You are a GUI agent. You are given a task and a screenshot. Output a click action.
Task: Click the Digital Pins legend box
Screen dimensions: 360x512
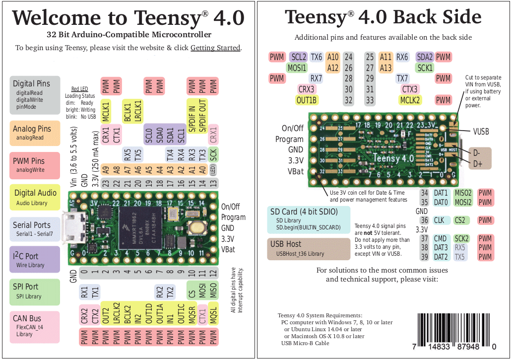pos(35,95)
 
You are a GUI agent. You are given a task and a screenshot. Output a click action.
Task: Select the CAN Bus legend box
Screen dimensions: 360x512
pos(35,326)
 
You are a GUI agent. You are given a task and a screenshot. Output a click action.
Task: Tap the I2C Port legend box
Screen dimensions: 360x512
pos(35,260)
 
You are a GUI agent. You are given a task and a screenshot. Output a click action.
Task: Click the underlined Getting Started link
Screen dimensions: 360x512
pos(215,48)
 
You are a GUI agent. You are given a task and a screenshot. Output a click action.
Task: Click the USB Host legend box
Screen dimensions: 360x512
pos(308,248)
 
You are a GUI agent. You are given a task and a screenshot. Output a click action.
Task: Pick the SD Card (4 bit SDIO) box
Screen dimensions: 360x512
pos(308,219)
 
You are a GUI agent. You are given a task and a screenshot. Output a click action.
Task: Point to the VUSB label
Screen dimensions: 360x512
pos(481,132)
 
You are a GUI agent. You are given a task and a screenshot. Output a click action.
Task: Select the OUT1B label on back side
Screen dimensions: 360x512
pos(307,100)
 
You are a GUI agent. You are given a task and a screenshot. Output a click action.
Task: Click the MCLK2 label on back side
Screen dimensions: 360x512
pos(410,100)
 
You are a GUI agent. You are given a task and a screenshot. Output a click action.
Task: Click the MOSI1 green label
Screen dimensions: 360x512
pos(297,68)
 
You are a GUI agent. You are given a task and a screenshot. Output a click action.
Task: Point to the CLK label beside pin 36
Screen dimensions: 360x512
pos(439,220)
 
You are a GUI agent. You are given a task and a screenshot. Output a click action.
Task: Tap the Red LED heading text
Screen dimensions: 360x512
pos(79,89)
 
